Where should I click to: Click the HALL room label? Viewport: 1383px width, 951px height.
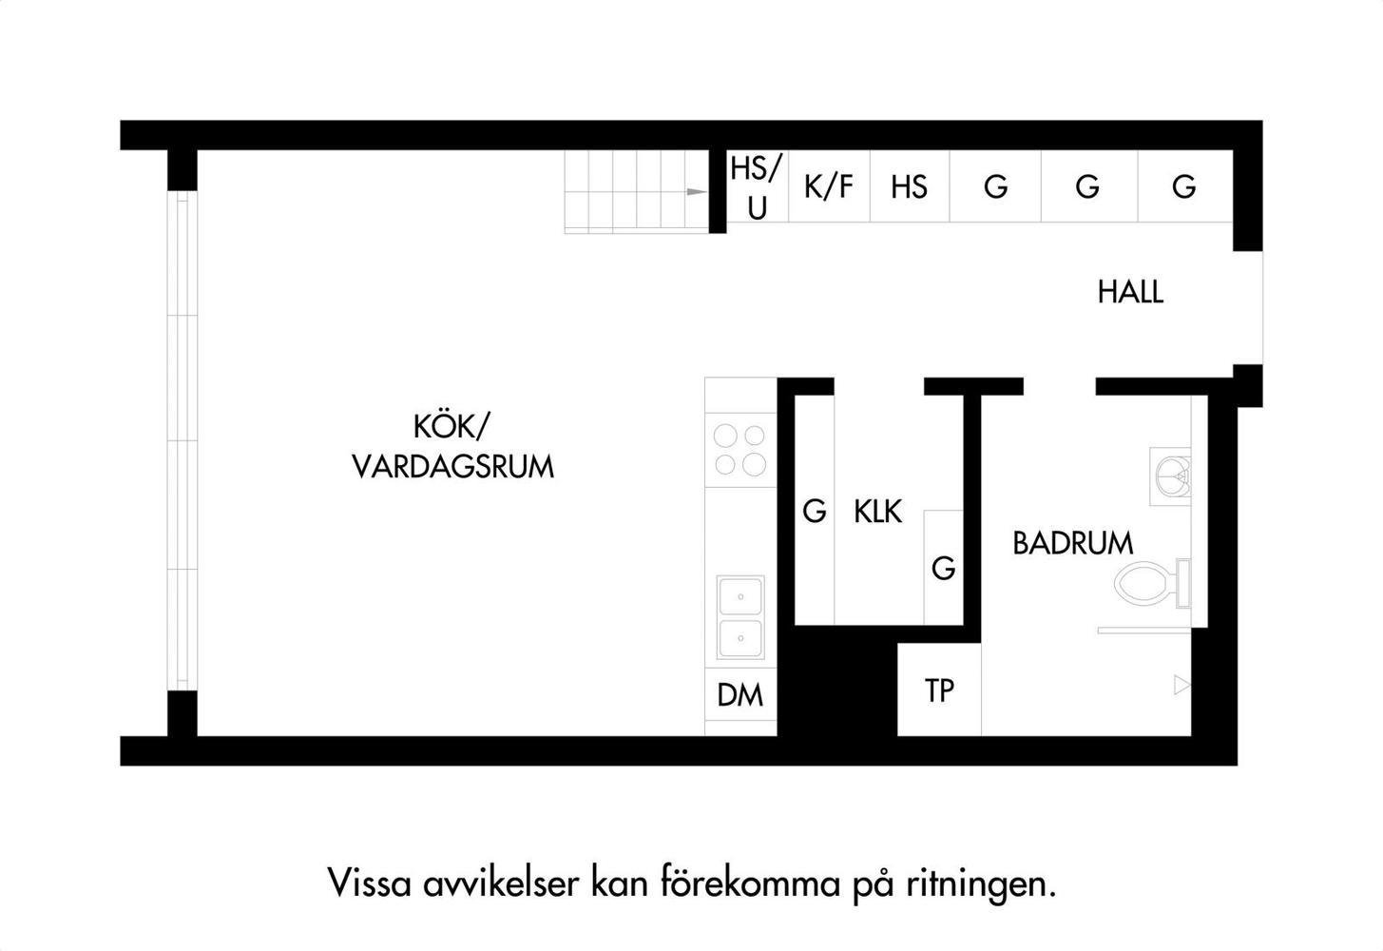(1130, 292)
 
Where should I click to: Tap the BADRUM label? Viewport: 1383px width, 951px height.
(1073, 543)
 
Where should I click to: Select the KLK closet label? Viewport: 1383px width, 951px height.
(877, 512)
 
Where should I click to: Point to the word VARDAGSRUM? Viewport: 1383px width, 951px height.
(452, 467)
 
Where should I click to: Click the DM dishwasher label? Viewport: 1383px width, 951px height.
(740, 695)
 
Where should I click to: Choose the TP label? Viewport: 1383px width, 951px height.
(939, 691)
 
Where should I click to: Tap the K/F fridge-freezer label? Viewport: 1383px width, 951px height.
(829, 186)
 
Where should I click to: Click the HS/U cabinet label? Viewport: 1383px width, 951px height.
(757, 187)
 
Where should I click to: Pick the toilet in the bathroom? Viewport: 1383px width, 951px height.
(1152, 583)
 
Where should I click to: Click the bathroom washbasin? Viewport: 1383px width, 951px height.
(1171, 476)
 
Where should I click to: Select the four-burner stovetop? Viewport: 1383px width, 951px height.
(740, 450)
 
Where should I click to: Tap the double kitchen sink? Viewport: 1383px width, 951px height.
(740, 617)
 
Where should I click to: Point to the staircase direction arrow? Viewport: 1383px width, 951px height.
(697, 192)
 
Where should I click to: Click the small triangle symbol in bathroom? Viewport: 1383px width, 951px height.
(1181, 685)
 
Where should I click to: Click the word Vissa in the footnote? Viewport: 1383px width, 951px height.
(369, 883)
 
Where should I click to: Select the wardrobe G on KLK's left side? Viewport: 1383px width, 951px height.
(815, 512)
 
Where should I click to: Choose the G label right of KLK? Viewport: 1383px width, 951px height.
(944, 568)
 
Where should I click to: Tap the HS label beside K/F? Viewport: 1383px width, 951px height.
(909, 187)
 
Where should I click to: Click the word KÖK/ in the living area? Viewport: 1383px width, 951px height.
(451, 427)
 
